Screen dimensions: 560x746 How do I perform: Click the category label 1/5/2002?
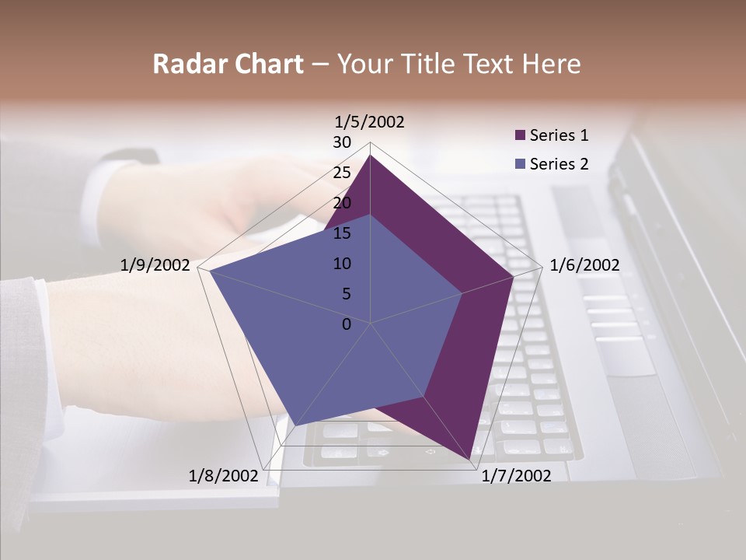point(370,122)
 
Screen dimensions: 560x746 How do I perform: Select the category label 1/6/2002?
point(584,265)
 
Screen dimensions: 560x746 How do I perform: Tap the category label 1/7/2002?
point(516,476)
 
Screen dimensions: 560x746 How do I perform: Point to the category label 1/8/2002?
point(223,476)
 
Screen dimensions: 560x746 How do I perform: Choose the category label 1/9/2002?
point(155,265)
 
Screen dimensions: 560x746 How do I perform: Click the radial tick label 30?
point(342,142)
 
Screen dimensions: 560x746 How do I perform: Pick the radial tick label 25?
point(342,173)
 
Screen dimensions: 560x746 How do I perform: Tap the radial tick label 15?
point(342,233)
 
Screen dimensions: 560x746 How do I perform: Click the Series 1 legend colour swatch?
point(521,135)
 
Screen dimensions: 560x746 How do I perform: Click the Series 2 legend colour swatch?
point(521,164)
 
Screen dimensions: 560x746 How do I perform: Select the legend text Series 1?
point(559,135)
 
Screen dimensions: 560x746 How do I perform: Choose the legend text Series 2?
point(559,164)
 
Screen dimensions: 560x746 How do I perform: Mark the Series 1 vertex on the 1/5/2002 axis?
point(370,155)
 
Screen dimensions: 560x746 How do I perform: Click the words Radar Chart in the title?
point(228,64)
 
